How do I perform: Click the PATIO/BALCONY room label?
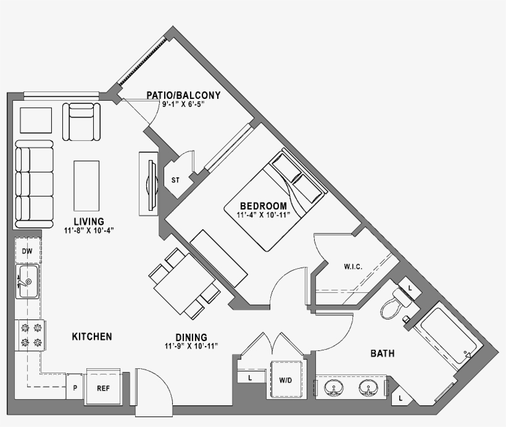183,95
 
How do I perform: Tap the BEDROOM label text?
263,206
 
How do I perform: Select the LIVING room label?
89,221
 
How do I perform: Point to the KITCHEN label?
92,337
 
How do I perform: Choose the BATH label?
383,353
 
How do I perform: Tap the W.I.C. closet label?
353,267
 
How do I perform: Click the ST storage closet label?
176,180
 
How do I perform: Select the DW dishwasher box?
27,251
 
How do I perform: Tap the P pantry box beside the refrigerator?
75,388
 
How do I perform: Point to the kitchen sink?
28,281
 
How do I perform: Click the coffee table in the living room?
87,185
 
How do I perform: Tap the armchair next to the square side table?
81,122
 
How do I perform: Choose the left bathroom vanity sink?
334,388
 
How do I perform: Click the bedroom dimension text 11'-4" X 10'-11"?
263,216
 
